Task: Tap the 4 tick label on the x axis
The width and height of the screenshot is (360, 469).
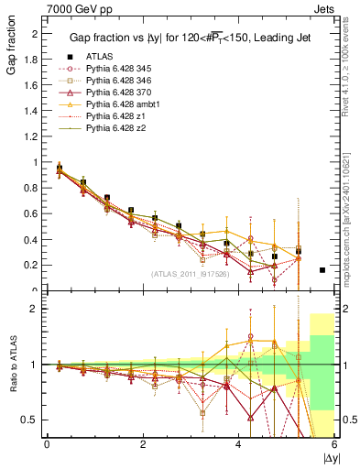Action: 238,444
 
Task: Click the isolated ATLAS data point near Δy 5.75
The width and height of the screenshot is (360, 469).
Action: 322,270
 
